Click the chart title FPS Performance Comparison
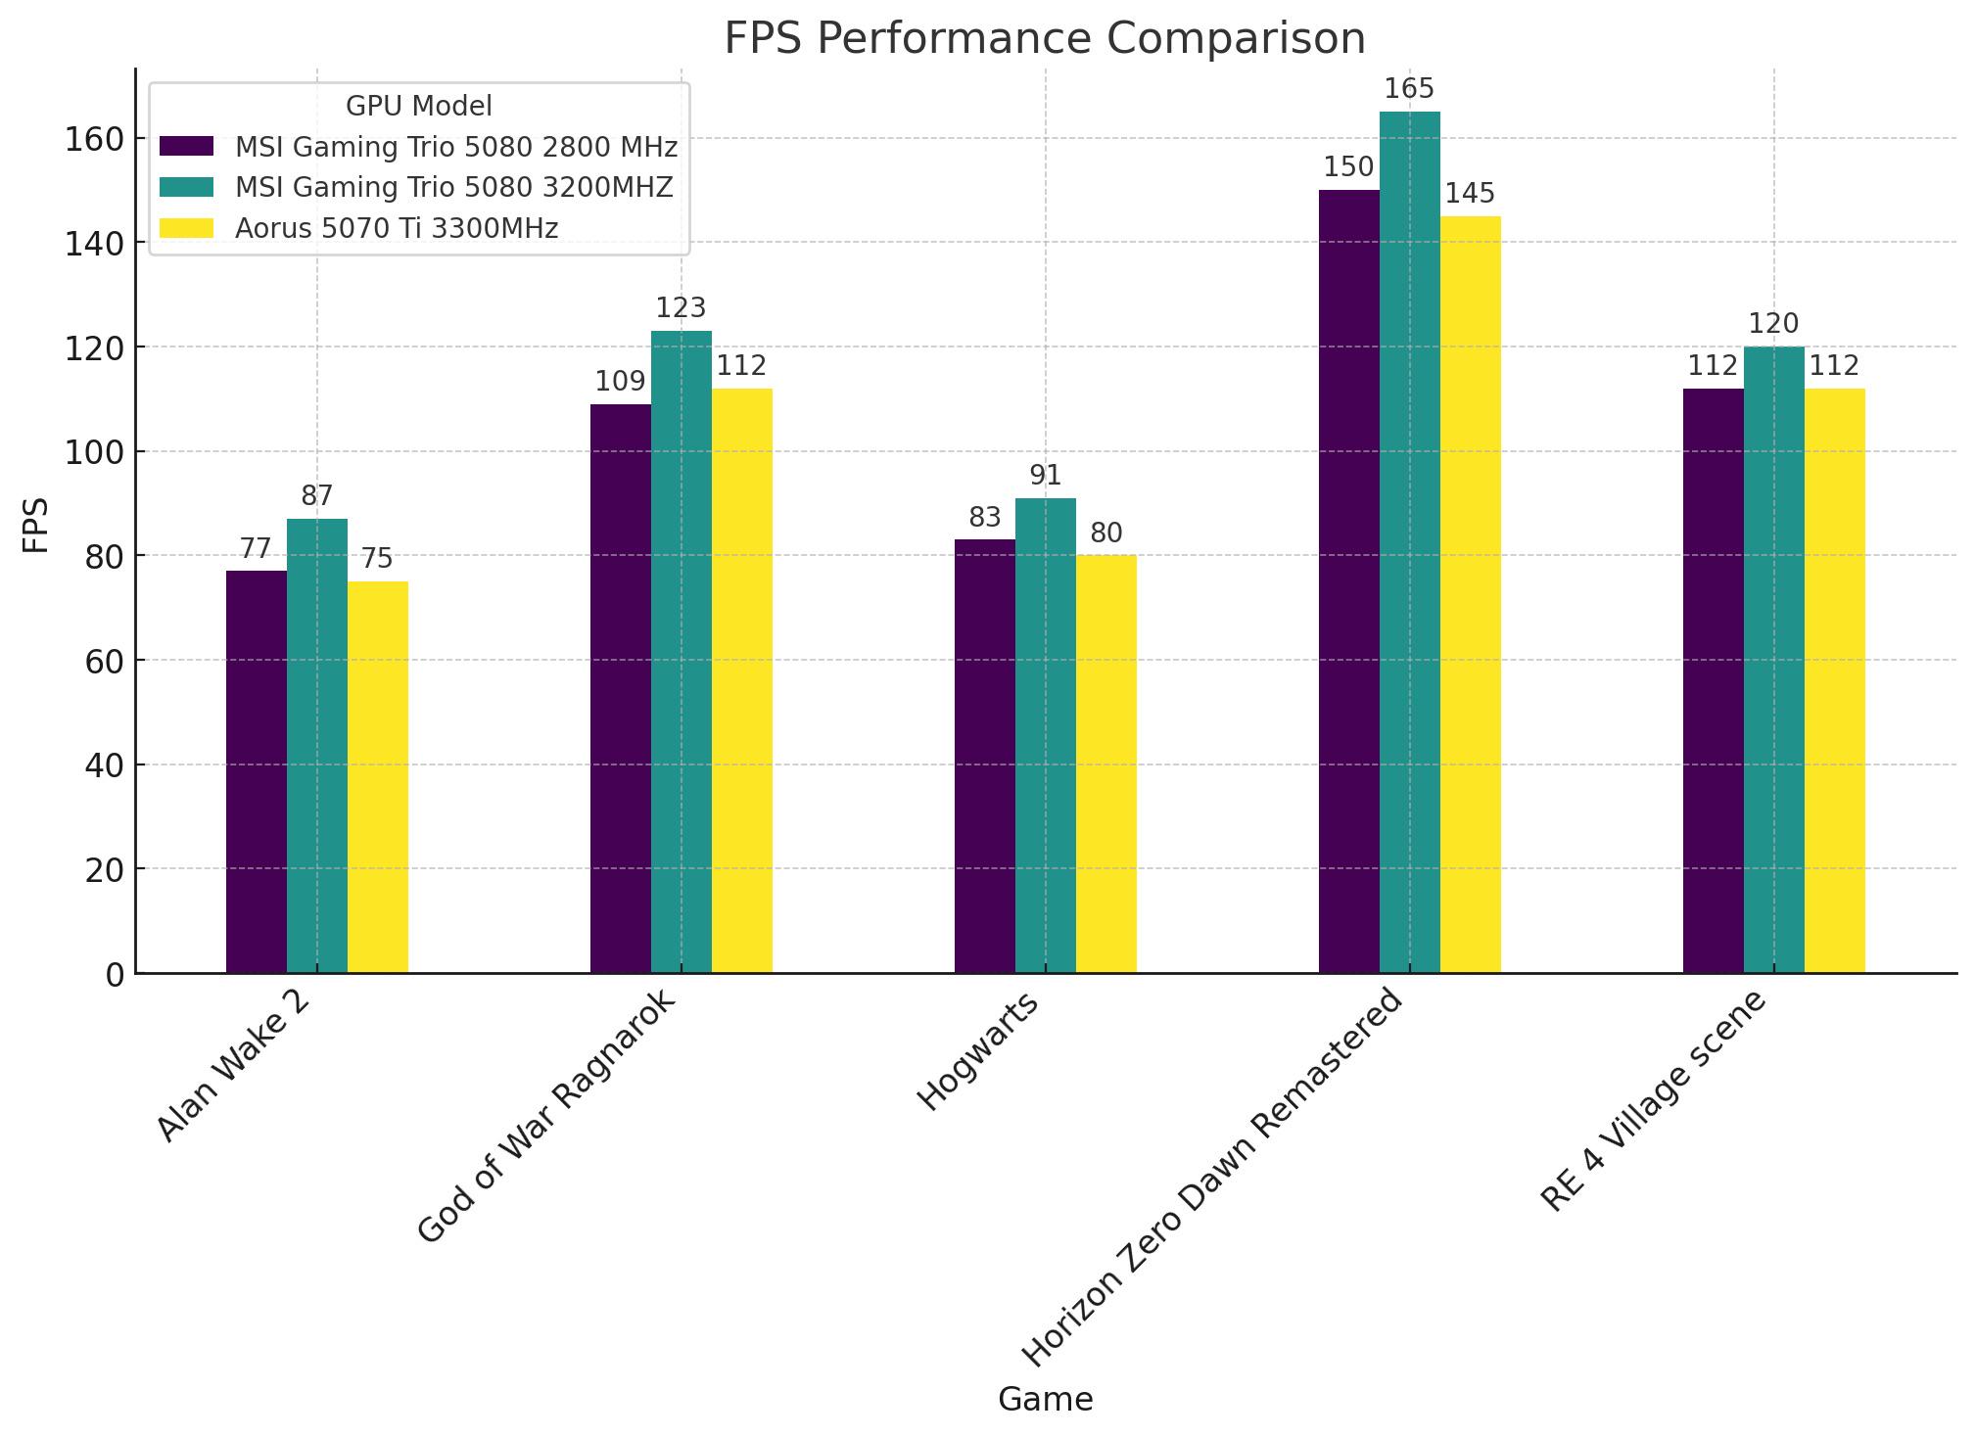(x=1044, y=39)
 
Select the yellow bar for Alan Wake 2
(x=377, y=777)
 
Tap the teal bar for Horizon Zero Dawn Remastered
(x=1409, y=542)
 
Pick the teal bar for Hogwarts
(x=1045, y=735)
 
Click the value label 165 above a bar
(x=1409, y=89)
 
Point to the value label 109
(x=620, y=382)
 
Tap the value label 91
(x=1045, y=476)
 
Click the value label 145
(x=1470, y=194)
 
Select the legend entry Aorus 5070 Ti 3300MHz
(x=397, y=228)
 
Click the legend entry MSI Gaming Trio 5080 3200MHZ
(x=454, y=187)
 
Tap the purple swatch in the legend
(x=186, y=146)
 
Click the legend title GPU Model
(x=418, y=106)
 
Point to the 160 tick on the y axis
(x=94, y=140)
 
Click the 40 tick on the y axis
(x=104, y=765)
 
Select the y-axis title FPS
(x=35, y=526)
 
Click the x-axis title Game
(x=1045, y=1400)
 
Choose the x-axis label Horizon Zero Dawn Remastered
(x=1212, y=1179)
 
